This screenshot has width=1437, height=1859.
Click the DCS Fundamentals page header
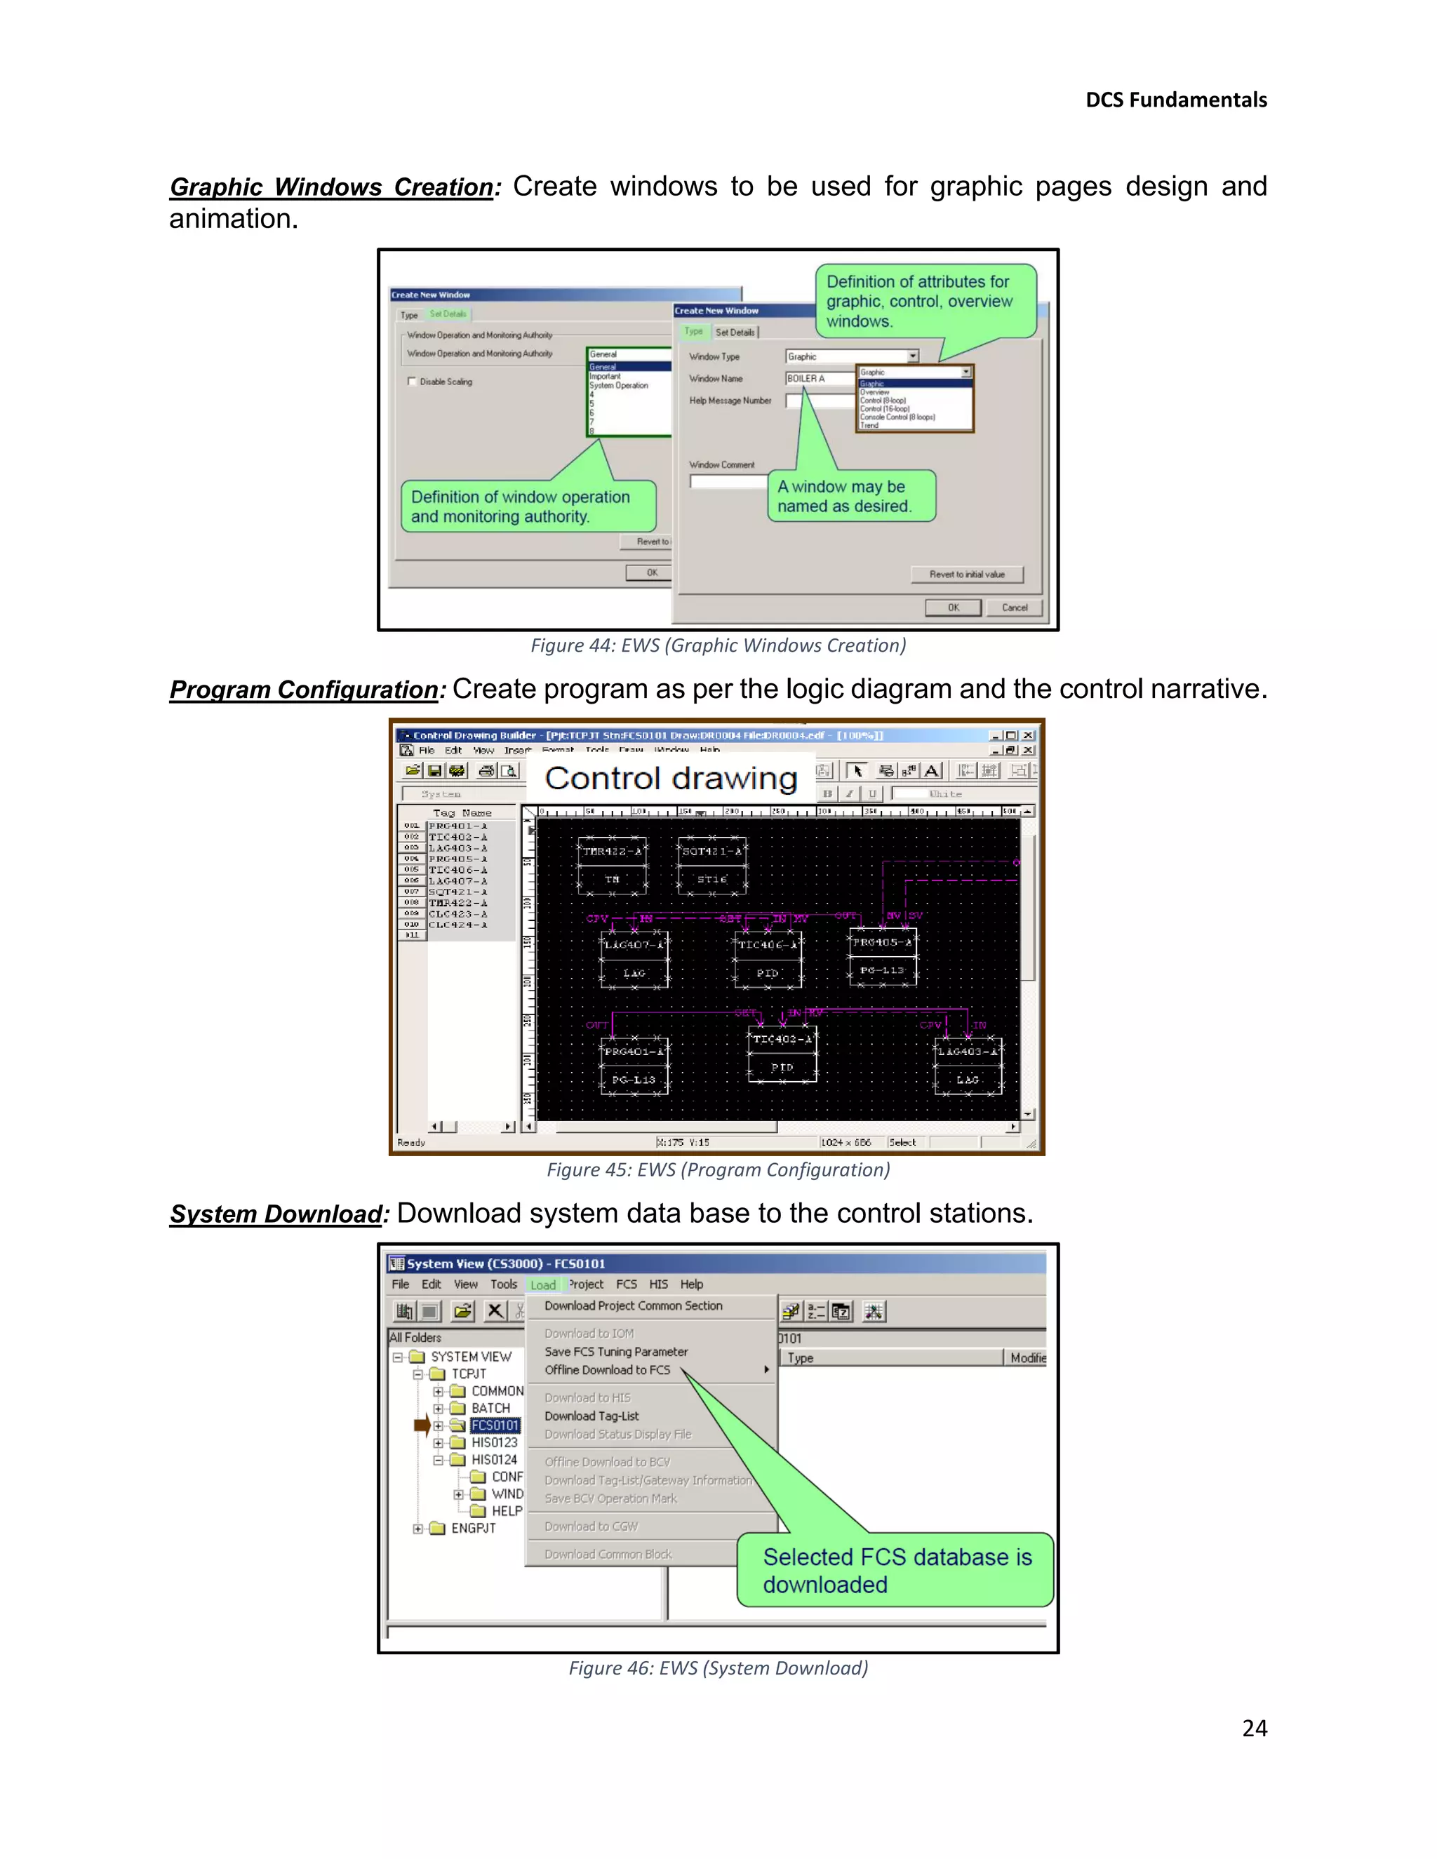(x=1176, y=100)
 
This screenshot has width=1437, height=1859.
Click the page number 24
(x=1254, y=1728)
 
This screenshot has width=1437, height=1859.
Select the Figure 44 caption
(x=718, y=645)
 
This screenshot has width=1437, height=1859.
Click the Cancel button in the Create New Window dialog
(x=1014, y=608)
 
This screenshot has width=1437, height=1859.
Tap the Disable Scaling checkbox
(x=412, y=382)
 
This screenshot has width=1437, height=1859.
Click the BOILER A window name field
(x=817, y=379)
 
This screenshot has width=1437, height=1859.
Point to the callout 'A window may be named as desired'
(x=851, y=496)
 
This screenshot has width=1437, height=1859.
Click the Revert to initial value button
(x=966, y=575)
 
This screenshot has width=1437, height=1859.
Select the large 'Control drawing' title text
(x=671, y=778)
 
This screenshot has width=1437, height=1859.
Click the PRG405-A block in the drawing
(x=883, y=956)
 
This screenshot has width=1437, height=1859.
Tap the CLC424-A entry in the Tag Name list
(x=458, y=925)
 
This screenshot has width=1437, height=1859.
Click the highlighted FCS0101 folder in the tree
(x=495, y=1425)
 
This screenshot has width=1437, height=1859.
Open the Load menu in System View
(x=542, y=1285)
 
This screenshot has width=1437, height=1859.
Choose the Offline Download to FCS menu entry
(x=607, y=1369)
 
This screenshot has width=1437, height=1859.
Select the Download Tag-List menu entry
(x=591, y=1416)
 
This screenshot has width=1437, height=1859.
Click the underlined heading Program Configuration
(x=303, y=690)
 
